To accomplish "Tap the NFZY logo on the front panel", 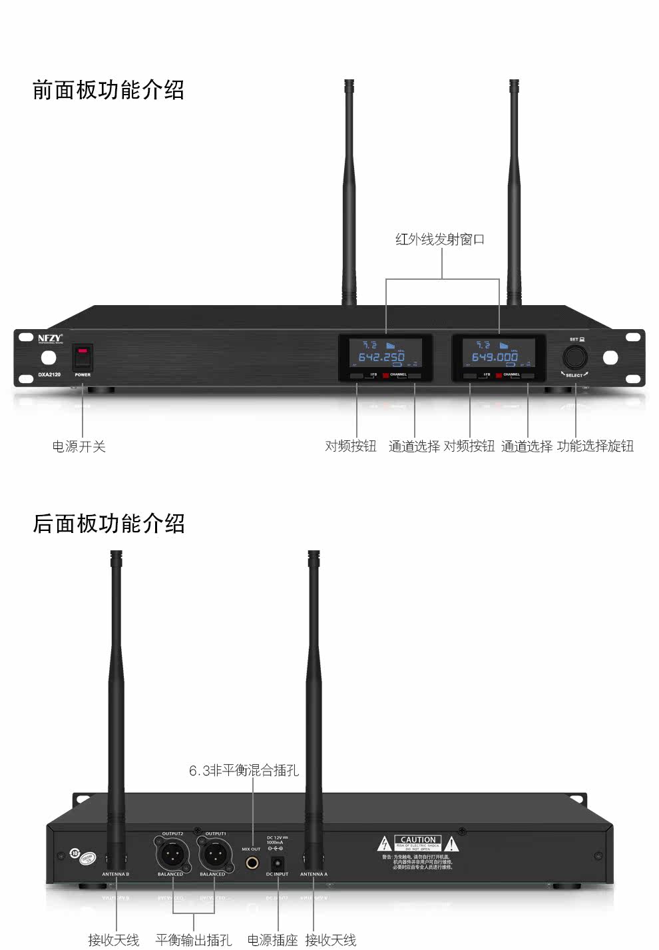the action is point(50,338).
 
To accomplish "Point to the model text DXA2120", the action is point(50,374).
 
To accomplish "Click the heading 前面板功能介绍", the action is point(109,90).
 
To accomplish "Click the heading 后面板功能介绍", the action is point(109,524).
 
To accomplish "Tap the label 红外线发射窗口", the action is point(440,239).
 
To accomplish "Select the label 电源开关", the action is point(79,446).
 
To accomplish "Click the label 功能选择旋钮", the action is point(595,446).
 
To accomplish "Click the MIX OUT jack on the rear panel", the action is point(253,863).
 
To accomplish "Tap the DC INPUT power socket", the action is point(277,863).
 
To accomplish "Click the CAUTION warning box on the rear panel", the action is point(418,843).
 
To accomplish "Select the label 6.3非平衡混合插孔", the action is point(244,771).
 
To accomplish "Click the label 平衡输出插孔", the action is point(194,940).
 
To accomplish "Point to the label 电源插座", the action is point(272,940).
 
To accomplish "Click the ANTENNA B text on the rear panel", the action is point(116,874).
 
